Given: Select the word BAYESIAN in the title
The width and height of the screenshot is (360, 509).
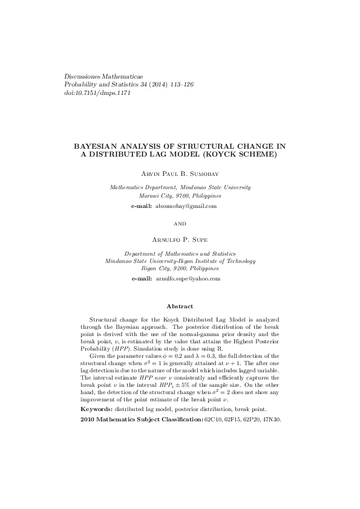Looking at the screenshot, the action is tap(96, 146).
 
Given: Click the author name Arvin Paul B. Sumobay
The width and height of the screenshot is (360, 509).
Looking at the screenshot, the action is tap(180, 173).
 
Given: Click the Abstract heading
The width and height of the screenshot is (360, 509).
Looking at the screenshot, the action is tap(180, 307).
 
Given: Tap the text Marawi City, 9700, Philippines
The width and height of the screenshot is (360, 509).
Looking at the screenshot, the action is tap(180, 196).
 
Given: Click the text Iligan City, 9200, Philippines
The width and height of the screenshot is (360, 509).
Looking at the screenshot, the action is tap(180, 267).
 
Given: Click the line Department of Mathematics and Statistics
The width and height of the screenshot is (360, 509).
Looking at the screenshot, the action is tap(180, 254).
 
